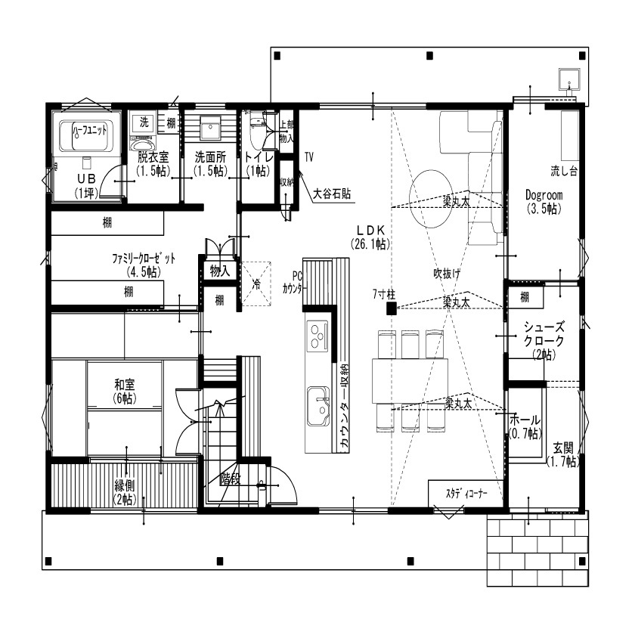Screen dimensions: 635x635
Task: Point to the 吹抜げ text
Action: point(447,272)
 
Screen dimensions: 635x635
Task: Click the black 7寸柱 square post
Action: point(392,308)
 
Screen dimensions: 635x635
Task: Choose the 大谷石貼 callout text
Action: point(332,194)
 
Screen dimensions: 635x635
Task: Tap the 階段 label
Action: point(231,479)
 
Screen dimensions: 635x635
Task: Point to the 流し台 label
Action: point(564,172)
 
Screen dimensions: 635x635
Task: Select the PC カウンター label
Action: point(294,281)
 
